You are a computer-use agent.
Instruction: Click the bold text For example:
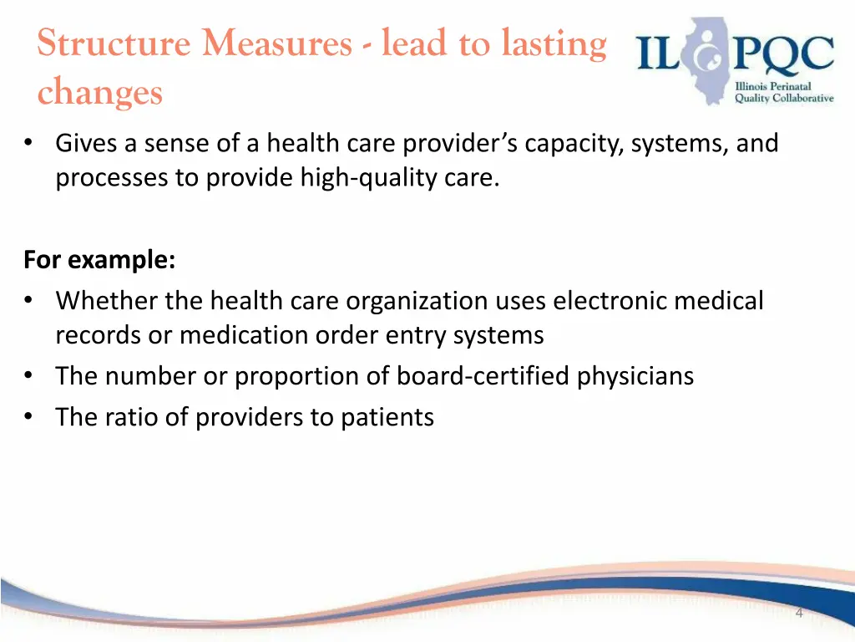point(99,260)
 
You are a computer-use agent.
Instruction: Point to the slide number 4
point(799,614)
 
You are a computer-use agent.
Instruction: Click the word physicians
point(635,376)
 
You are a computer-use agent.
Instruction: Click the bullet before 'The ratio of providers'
point(29,415)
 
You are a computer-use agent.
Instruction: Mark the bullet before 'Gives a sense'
point(29,143)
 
